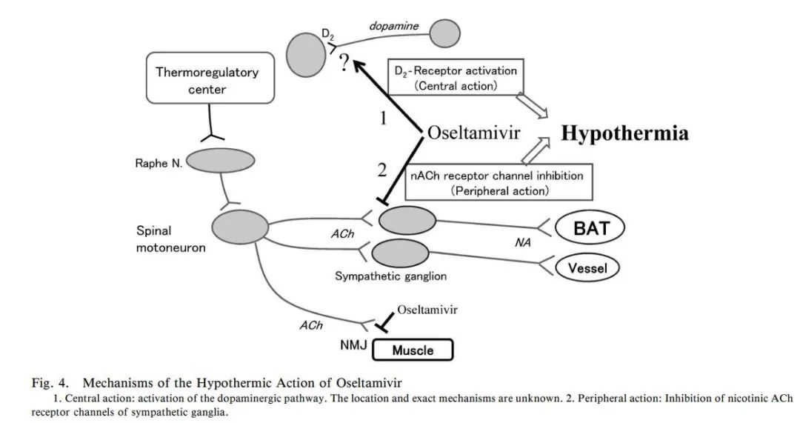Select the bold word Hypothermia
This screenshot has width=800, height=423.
624,133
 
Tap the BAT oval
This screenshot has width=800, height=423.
590,227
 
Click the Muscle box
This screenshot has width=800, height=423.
412,350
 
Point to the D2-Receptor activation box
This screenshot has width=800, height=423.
453,78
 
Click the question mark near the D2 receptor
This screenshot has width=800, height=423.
343,64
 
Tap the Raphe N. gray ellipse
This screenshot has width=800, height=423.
221,160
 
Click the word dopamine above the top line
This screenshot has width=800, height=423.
394,26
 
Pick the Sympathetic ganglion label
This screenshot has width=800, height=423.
390,277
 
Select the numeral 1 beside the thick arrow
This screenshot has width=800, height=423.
383,118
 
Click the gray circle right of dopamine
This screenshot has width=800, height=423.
445,33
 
